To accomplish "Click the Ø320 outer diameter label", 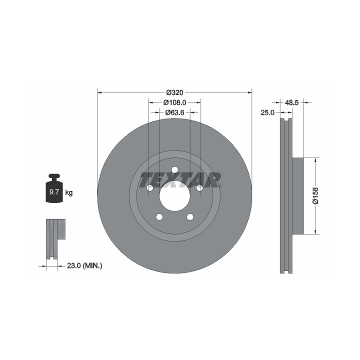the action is tap(174, 92).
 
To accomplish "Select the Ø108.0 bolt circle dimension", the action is tap(174, 102).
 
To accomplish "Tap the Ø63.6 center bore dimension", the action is tap(174, 112).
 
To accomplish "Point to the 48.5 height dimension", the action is tap(291, 102).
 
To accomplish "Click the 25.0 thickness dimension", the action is tap(267, 112).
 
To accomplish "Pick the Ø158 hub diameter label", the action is tap(315, 195).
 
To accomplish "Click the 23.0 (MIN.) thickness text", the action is tap(84, 266).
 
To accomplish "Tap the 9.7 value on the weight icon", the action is tap(54, 192).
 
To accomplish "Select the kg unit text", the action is tap(69, 192).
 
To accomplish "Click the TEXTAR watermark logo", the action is tap(180, 180).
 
